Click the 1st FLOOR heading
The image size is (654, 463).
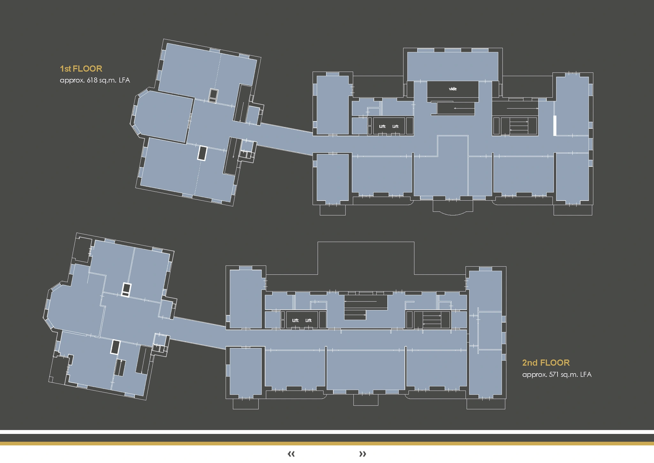[81, 69]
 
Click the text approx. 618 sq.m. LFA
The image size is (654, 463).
[95, 80]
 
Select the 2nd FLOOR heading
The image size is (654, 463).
[546, 363]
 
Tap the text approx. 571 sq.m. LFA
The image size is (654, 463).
[557, 374]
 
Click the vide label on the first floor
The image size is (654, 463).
[452, 89]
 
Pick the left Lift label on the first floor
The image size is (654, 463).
[382, 127]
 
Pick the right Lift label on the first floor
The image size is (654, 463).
[395, 127]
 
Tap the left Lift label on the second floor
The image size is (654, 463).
[295, 320]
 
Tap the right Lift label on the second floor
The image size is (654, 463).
[308, 320]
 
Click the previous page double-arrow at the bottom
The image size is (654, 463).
[291, 454]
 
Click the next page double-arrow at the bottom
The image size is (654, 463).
[362, 454]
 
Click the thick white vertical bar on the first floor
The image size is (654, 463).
[555, 126]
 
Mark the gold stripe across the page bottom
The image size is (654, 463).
[327, 444]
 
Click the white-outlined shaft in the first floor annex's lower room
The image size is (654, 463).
[202, 153]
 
